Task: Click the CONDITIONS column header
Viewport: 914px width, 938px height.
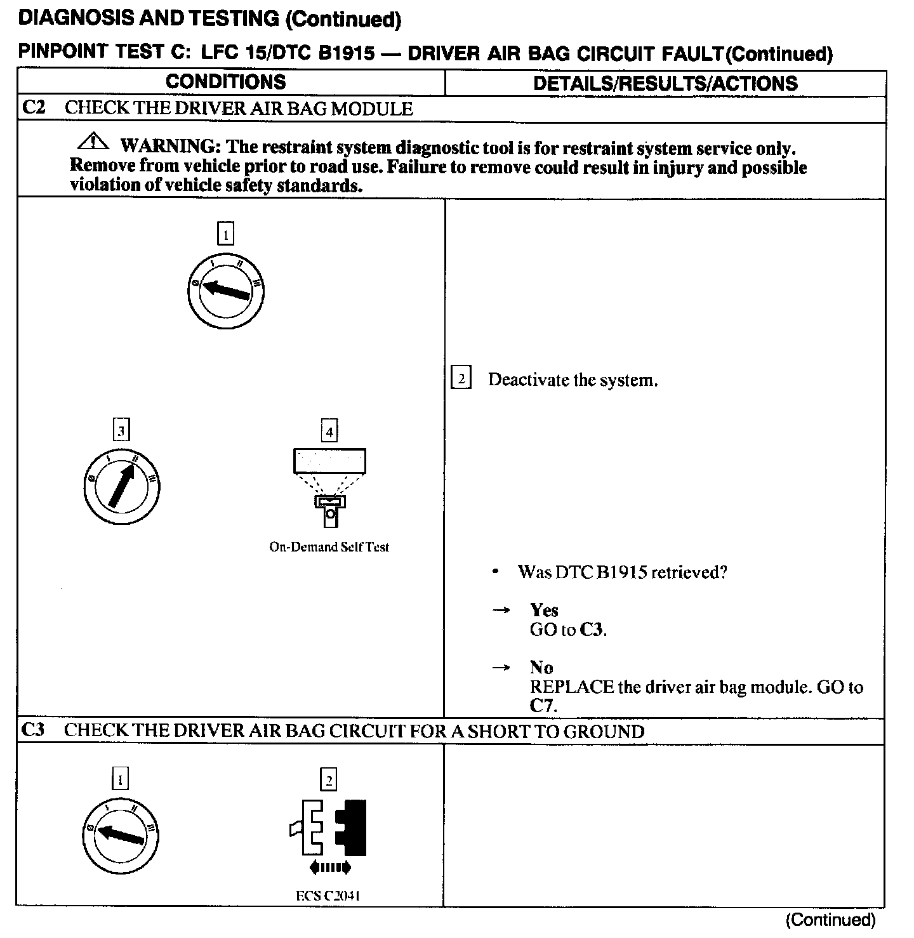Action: click(225, 82)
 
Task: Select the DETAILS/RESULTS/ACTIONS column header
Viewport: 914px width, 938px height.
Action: click(665, 83)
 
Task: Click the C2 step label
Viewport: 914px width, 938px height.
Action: click(34, 107)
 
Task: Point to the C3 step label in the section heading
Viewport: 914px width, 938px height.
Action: click(33, 730)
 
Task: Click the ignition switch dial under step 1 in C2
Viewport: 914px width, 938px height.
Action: click(225, 292)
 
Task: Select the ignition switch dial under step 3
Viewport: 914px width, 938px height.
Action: click(122, 487)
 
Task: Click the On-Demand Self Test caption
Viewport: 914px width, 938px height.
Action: click(329, 547)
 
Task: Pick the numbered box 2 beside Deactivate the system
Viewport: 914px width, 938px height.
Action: click(461, 379)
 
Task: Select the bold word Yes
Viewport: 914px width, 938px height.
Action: click(544, 610)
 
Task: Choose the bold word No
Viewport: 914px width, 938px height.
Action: click(541, 667)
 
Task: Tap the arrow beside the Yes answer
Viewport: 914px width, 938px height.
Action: click(501, 610)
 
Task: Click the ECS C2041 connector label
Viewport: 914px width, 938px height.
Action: click(328, 896)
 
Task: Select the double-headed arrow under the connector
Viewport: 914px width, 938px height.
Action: click(329, 868)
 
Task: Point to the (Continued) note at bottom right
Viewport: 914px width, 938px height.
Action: click(830, 920)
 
